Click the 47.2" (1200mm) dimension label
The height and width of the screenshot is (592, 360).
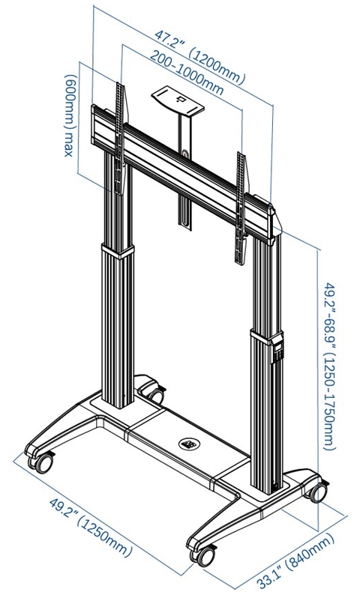[199, 57]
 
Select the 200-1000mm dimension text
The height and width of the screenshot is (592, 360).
[187, 72]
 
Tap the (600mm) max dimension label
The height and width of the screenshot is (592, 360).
[70, 115]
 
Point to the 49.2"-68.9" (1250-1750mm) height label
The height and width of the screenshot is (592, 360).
[328, 366]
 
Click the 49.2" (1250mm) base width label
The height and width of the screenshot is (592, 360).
[91, 527]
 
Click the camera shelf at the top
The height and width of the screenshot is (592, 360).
[178, 100]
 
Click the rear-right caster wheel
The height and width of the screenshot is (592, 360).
[318, 492]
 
